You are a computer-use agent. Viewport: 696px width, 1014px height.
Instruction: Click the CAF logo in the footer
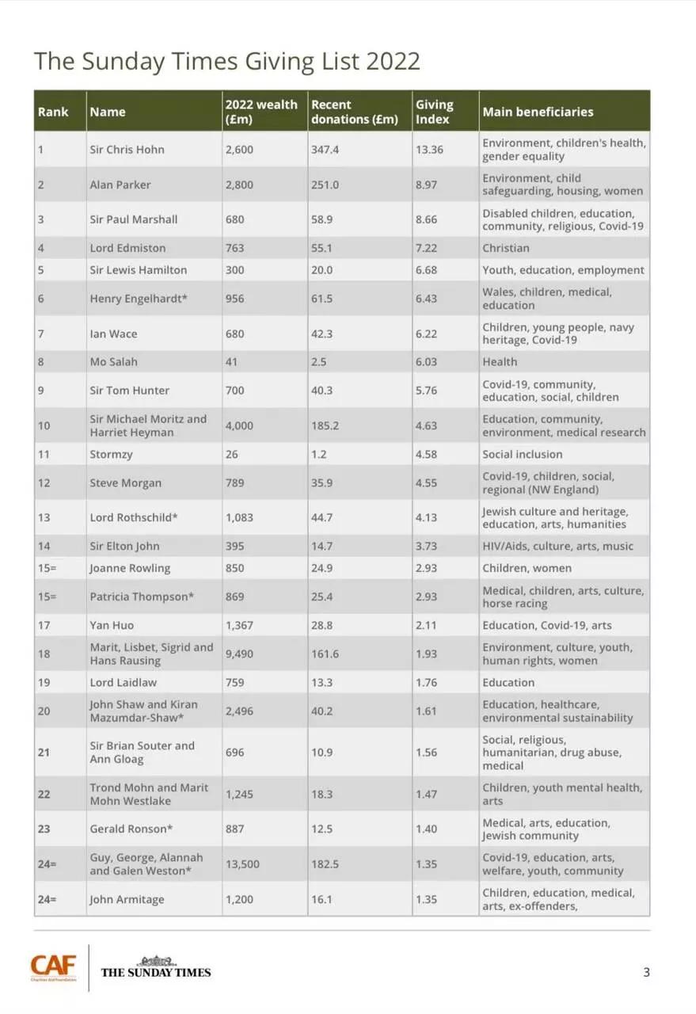click(x=54, y=967)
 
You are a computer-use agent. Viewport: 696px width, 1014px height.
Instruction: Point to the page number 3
click(x=646, y=972)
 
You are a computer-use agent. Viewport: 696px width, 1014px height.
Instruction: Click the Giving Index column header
click(x=434, y=112)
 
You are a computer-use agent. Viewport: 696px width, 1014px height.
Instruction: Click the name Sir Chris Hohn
click(x=127, y=150)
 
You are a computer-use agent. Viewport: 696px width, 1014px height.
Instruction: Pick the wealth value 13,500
click(x=242, y=864)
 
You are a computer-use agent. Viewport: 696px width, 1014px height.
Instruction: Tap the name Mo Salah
click(x=113, y=362)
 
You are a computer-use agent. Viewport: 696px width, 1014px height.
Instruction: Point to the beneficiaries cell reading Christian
click(x=506, y=248)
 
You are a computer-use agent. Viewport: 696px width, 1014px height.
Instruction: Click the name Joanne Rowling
click(x=130, y=568)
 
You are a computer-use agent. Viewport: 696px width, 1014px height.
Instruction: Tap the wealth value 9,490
click(x=239, y=654)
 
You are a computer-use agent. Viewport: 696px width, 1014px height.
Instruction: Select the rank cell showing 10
click(x=44, y=425)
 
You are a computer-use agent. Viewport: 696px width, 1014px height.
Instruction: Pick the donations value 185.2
click(x=325, y=425)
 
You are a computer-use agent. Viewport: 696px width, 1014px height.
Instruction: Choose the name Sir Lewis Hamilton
click(x=139, y=270)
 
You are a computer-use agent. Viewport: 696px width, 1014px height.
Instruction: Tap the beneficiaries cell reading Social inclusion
click(x=523, y=455)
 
